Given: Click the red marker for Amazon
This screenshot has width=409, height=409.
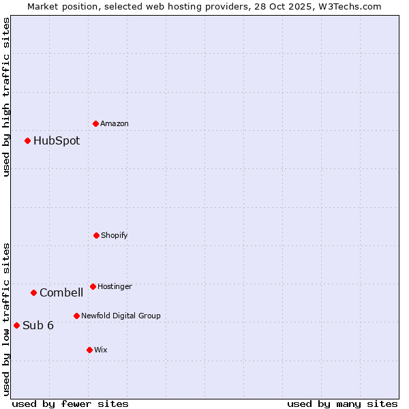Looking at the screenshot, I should (96, 123).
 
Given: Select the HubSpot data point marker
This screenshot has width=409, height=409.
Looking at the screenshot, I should (28, 141).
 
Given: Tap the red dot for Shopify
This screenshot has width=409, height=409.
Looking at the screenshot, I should (96, 235).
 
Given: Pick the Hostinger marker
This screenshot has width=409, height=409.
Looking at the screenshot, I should (93, 286).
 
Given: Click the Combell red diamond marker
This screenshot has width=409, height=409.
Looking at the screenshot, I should (33, 293).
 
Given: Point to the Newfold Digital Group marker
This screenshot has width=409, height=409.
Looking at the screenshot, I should (76, 316).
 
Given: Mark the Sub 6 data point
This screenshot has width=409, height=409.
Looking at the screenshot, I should (16, 325).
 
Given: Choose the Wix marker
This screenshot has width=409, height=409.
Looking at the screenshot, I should (89, 350).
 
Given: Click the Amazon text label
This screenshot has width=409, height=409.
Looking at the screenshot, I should (115, 124).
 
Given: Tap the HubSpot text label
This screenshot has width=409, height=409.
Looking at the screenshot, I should (57, 141).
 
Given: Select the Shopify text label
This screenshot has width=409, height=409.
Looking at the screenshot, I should (115, 236).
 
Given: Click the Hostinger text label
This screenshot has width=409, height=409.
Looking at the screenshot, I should (115, 287).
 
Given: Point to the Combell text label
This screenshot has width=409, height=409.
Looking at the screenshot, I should (61, 293).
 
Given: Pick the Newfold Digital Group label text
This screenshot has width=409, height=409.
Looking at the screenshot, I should (121, 316).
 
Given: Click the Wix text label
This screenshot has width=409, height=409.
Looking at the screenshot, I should (101, 350).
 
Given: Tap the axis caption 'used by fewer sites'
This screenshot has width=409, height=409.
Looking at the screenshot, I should (70, 404).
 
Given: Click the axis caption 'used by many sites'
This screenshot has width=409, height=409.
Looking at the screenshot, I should (342, 404).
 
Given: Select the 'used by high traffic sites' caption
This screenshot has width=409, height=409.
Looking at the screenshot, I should (6, 97).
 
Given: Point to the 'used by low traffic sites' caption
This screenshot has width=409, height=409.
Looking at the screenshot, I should (6, 319).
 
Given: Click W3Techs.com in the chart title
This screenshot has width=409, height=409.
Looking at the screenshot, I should (349, 6).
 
